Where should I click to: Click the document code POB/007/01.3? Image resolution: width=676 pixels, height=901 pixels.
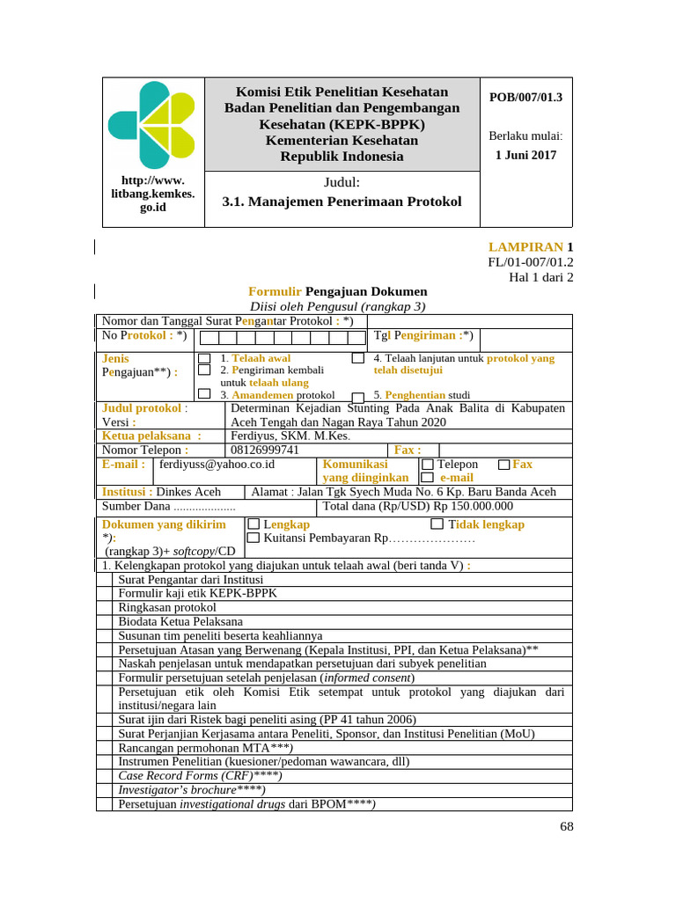(x=525, y=97)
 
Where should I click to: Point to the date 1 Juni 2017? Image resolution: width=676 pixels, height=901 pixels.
(x=525, y=155)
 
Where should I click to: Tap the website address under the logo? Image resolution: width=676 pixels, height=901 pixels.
(x=153, y=194)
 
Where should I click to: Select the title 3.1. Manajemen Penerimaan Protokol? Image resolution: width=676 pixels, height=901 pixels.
(x=342, y=201)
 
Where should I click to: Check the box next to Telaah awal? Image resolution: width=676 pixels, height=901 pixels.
(x=205, y=359)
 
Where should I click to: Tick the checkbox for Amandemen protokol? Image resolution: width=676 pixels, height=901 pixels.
(x=205, y=395)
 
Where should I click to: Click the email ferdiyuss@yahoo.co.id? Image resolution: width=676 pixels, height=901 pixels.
(x=217, y=465)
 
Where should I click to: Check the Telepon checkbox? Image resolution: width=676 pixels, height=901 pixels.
(x=428, y=465)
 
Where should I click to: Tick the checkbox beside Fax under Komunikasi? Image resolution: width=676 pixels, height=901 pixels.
(x=503, y=465)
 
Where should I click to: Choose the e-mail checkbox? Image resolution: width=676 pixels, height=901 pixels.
(x=428, y=478)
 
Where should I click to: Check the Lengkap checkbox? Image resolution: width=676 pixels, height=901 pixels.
(x=253, y=524)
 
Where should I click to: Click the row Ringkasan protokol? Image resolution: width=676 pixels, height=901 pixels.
(x=167, y=608)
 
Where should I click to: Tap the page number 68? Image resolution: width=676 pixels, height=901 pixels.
(x=566, y=826)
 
